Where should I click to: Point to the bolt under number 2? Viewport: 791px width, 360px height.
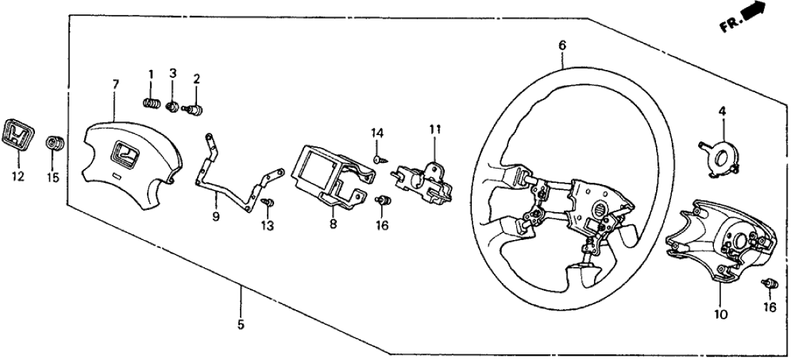tap(194, 109)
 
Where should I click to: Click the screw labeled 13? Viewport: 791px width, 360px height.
tap(266, 204)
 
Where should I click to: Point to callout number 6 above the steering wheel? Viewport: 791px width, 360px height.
tap(562, 46)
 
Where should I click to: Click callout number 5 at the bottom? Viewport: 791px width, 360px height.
tap(241, 325)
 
